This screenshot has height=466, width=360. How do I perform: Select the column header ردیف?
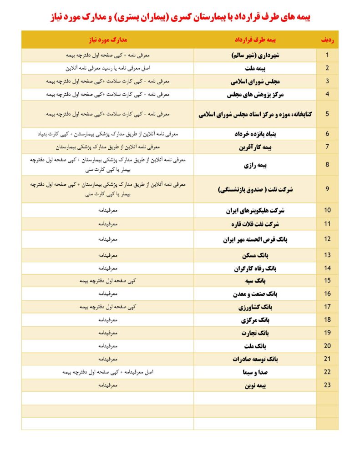click(327, 40)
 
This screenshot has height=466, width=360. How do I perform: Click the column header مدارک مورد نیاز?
click(107, 40)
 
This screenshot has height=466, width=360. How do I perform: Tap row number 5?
click(327, 114)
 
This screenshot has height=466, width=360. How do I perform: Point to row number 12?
click(327, 239)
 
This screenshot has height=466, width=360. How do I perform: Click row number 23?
click(327, 385)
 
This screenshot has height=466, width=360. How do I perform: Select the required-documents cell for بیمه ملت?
click(107, 68)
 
